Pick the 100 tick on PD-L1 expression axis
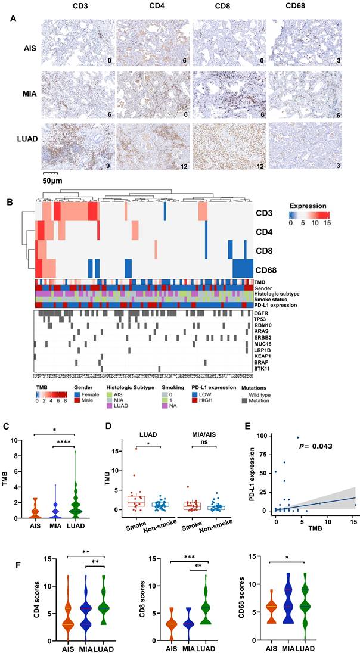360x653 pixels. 263,436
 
